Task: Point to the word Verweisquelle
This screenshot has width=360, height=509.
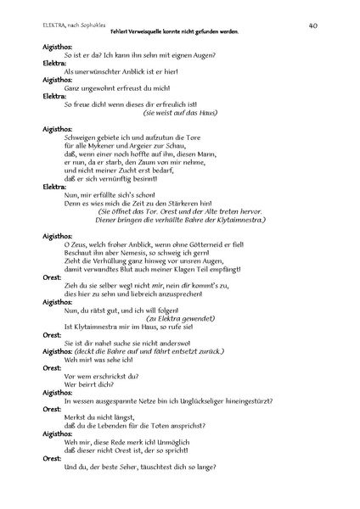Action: click(x=166, y=31)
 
